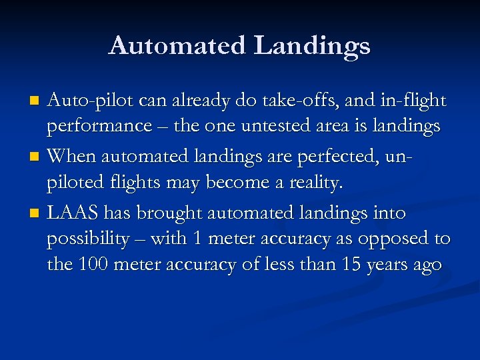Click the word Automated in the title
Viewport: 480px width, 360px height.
(176, 45)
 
